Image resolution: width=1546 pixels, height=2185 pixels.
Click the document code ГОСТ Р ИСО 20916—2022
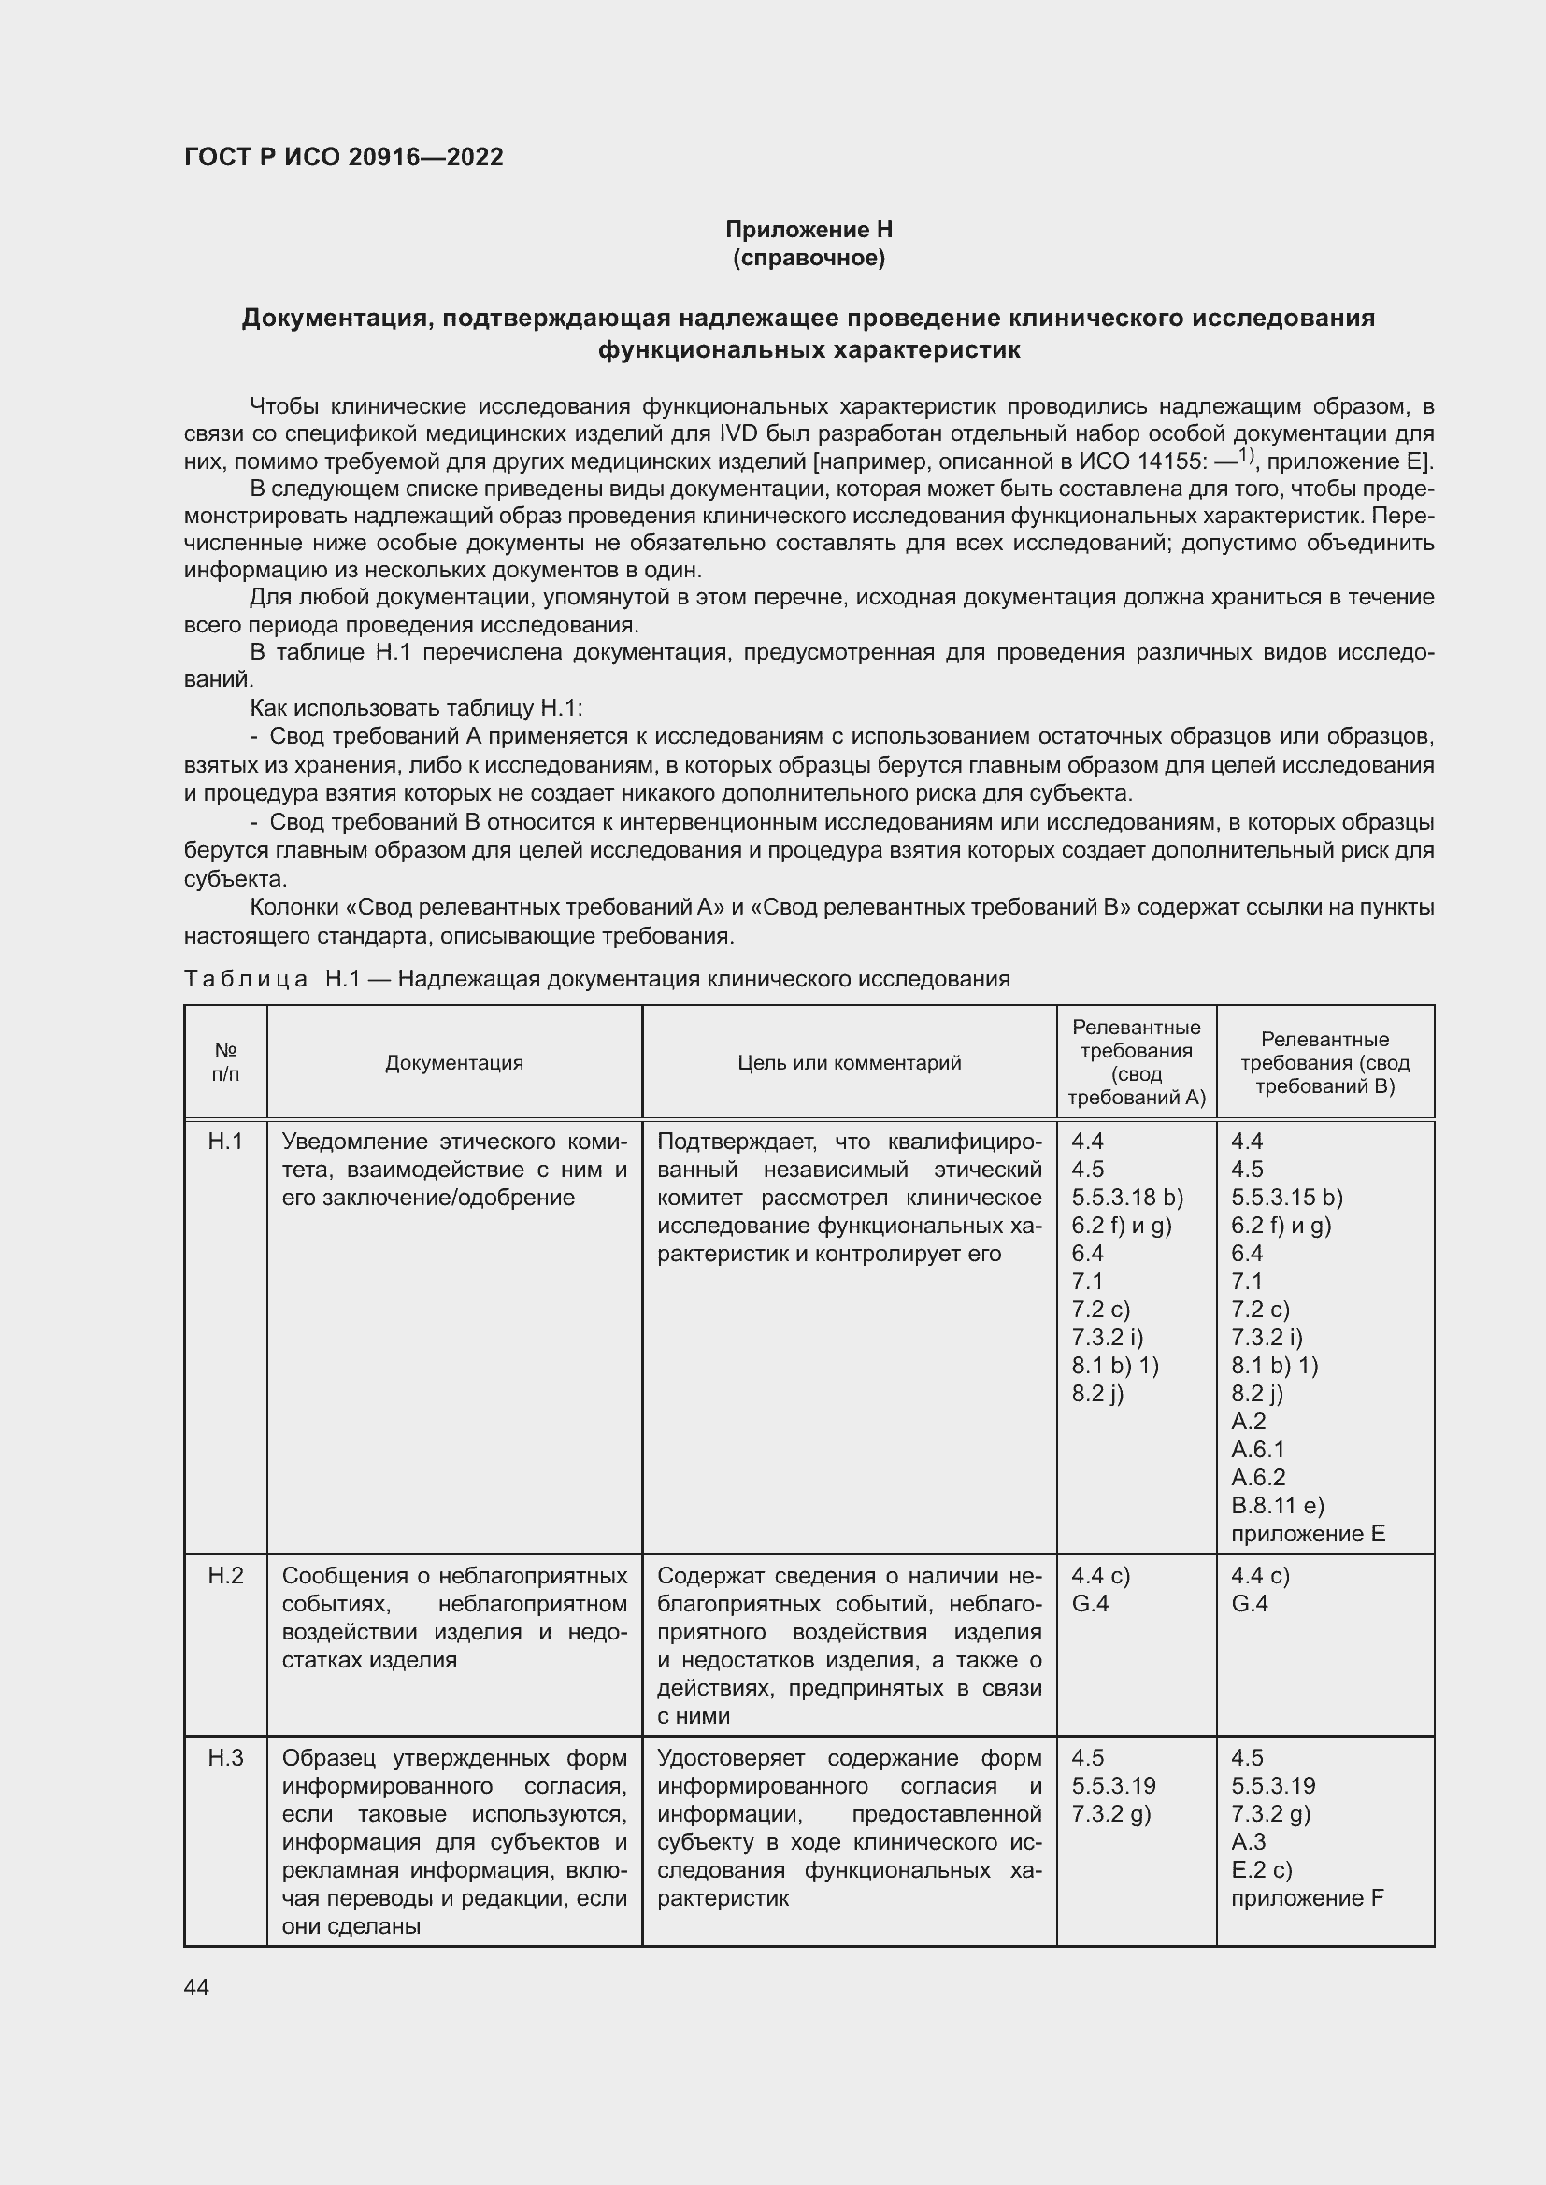344,157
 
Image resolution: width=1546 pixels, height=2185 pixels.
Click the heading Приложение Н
809,230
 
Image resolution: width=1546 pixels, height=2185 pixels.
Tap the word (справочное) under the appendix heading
809,258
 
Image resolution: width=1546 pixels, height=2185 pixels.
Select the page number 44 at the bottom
196,1987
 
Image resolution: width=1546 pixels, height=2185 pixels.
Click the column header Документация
454,1062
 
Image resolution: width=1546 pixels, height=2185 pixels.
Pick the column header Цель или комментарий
849,1062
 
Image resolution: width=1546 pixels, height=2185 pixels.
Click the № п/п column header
225,1062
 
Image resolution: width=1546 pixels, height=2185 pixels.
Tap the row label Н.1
225,1140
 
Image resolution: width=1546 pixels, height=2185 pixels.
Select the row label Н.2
225,1575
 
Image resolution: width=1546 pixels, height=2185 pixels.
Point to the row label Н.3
225,1758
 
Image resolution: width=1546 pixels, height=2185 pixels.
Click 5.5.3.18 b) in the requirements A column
1127,1197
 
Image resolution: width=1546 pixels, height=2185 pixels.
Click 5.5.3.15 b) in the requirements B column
1286,1197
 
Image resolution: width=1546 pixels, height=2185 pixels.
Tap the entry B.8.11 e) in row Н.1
1278,1505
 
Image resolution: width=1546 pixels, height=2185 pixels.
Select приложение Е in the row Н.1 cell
1307,1533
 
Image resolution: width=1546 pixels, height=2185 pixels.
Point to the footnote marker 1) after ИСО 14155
1248,455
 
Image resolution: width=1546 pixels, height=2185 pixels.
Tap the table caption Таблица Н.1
246,978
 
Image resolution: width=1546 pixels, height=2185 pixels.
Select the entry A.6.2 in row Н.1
1257,1477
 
